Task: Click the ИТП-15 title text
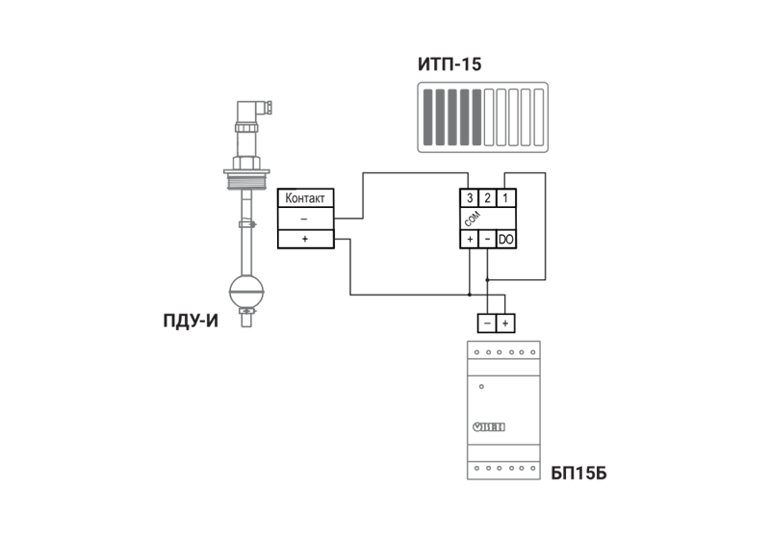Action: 449,65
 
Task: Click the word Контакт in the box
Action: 306,199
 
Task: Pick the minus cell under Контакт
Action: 305,219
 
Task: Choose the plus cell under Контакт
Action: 305,240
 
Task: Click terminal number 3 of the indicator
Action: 469,198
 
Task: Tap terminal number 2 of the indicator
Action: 488,198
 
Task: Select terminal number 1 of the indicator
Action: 506,198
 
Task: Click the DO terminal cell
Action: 506,239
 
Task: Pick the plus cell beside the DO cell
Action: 470,239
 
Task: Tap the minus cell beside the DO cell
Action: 487,239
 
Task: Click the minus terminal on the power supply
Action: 488,322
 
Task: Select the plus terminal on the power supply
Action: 506,322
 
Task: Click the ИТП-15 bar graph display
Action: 484,117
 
